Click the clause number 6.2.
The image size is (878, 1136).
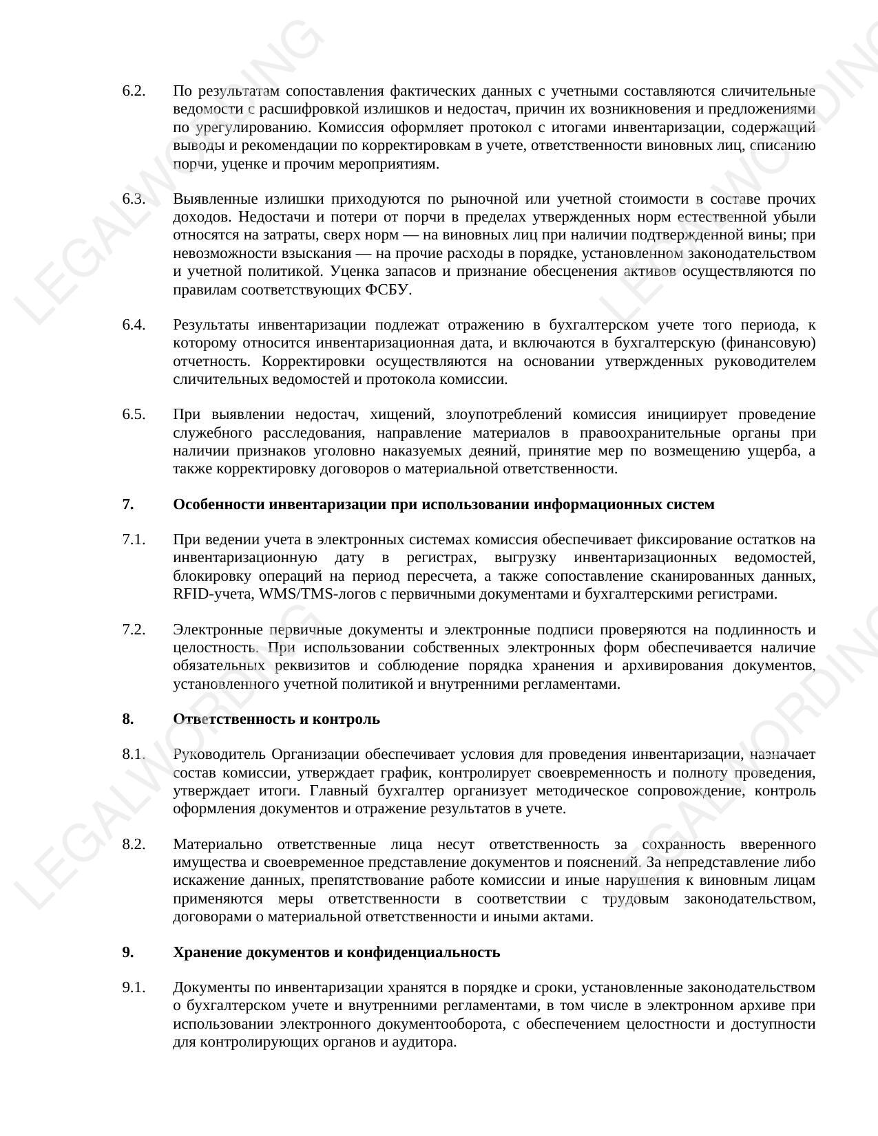coord(134,92)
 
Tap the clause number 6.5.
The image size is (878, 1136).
coord(134,414)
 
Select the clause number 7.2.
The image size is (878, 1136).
coord(134,630)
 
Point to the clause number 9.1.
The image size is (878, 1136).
coord(134,988)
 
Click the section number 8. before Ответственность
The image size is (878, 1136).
coord(128,719)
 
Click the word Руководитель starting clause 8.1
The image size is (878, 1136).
coord(218,755)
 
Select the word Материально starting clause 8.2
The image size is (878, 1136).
coord(216,844)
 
